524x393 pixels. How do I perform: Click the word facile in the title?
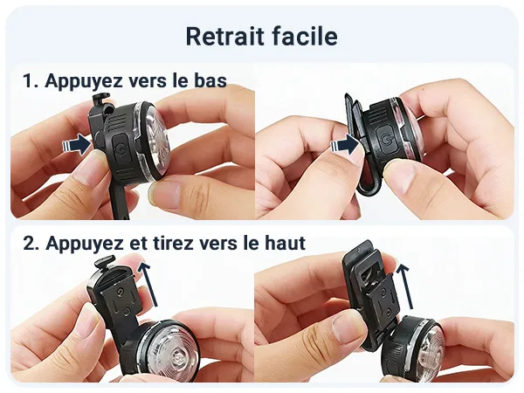pyautogui.click(x=305, y=36)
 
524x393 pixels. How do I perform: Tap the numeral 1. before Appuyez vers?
pyautogui.click(x=31, y=81)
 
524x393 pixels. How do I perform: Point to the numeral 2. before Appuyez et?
pyautogui.click(x=31, y=243)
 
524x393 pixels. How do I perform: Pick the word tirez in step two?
pyautogui.click(x=172, y=243)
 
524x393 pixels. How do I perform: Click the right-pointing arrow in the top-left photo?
pyautogui.click(x=77, y=144)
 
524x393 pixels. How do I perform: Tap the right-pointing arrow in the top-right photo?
pyautogui.click(x=345, y=145)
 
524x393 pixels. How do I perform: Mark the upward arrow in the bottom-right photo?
pyautogui.click(x=404, y=286)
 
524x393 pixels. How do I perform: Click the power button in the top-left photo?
pyautogui.click(x=120, y=148)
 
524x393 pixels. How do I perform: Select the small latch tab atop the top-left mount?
pyautogui.click(x=101, y=99)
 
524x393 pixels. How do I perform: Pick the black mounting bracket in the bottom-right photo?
pyautogui.click(x=370, y=294)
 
